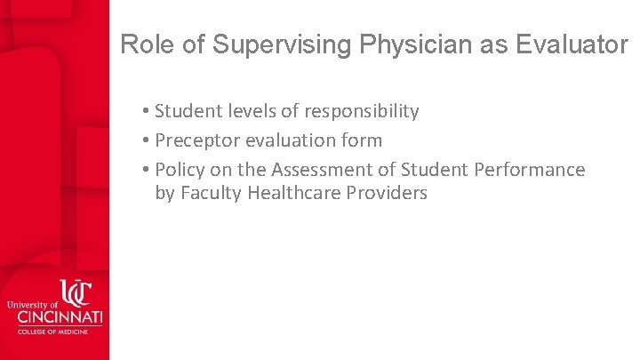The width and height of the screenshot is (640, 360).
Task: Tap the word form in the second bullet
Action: [364, 140]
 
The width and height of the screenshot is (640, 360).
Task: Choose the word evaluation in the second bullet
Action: [292, 140]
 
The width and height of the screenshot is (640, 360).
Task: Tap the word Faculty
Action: [211, 193]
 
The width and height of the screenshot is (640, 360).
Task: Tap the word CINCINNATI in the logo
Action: [55, 317]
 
